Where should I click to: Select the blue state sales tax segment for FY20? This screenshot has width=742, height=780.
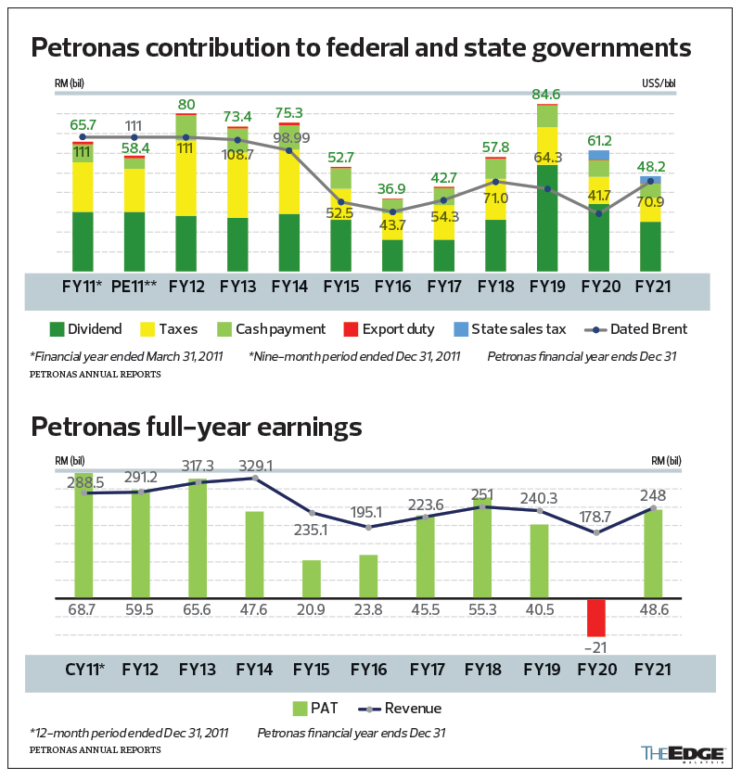(x=599, y=155)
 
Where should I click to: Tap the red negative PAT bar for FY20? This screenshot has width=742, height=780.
(x=596, y=617)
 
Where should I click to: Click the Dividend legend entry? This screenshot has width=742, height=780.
(x=85, y=328)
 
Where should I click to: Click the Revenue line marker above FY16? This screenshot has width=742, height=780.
(x=369, y=527)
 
